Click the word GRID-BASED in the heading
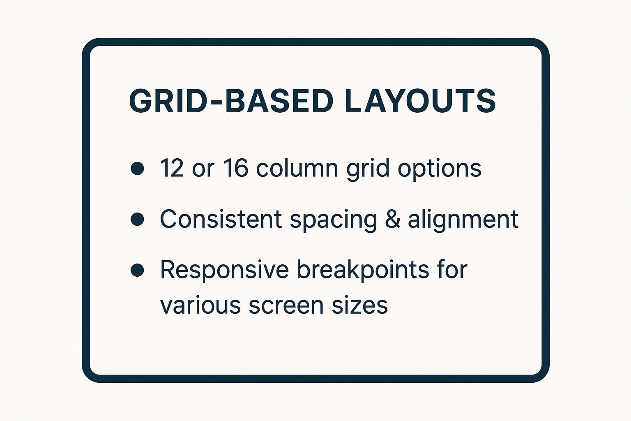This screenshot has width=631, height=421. [231, 101]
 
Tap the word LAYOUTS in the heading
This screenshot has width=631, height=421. [419, 101]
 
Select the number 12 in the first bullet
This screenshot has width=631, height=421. [172, 168]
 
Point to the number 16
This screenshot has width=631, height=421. [235, 168]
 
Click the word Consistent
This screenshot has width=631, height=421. [221, 219]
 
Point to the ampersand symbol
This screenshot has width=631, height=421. [393, 219]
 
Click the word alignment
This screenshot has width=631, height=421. [463, 220]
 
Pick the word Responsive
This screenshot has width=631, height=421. [224, 270]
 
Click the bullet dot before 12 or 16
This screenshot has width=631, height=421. [137, 169]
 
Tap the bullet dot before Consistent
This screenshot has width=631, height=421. [137, 219]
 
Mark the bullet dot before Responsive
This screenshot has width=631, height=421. [137, 270]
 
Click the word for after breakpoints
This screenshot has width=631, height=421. [452, 270]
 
